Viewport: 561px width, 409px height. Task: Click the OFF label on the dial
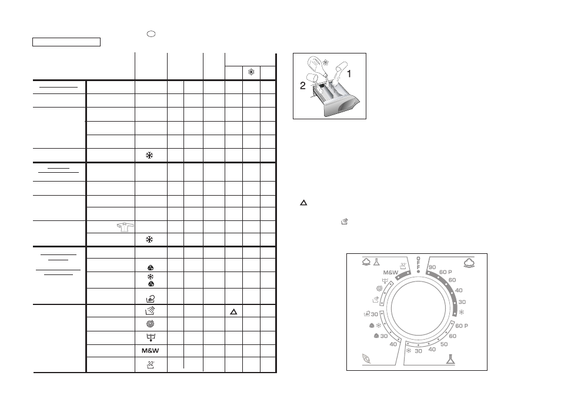point(418,263)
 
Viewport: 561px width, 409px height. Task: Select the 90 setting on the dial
point(432,267)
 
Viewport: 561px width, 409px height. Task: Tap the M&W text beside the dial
point(390,273)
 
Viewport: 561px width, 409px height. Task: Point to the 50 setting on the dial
point(444,344)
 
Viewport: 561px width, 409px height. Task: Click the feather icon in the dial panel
point(367,358)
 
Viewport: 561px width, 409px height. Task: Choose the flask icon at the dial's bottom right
point(450,359)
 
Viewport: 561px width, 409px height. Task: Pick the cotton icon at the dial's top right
point(469,263)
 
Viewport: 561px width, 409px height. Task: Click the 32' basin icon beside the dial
point(403,266)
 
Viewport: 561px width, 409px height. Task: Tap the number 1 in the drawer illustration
point(349,74)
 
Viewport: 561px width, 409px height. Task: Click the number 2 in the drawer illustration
point(303,86)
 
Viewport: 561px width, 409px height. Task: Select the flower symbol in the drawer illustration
point(325,62)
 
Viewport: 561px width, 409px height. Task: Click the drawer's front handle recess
point(348,106)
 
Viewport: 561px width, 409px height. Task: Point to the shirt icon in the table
point(125,227)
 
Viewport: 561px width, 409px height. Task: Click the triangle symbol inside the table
point(233,312)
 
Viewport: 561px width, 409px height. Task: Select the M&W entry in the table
point(151,351)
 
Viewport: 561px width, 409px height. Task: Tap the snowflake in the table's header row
point(252,72)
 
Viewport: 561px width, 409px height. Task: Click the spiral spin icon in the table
point(151,324)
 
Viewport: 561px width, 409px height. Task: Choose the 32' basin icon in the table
point(151,365)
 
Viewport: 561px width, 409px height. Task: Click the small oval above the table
point(151,34)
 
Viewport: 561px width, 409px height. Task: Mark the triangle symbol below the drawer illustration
point(303,203)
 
